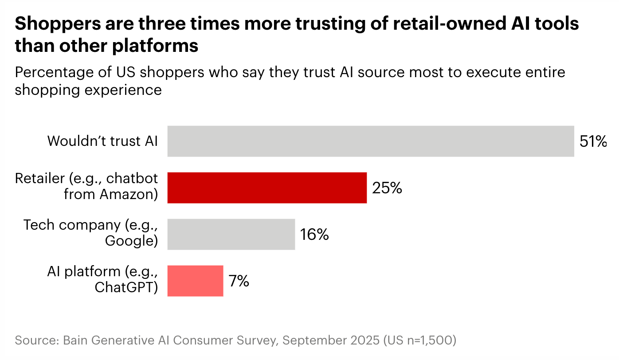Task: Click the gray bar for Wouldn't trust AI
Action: (x=370, y=141)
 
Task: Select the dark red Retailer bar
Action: (x=267, y=188)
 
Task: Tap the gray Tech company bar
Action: (x=231, y=234)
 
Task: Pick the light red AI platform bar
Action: (x=195, y=281)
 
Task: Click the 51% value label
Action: (x=593, y=141)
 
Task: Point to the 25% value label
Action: (x=387, y=188)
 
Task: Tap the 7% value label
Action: (x=239, y=281)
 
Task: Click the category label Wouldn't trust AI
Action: (x=102, y=141)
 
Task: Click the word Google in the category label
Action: (x=129, y=241)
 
